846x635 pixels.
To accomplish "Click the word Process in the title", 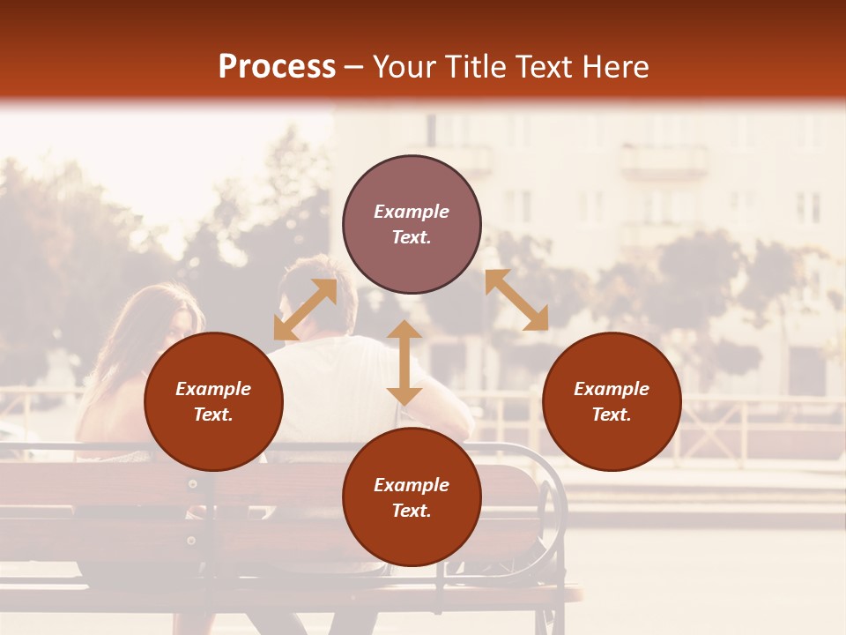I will [277, 67].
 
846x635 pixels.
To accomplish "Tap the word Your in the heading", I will [403, 67].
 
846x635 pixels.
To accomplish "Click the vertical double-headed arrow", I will [404, 362].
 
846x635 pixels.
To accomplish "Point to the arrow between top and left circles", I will [305, 310].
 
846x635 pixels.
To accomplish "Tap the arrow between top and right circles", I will [516, 300].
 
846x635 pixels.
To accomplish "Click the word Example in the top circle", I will [412, 212].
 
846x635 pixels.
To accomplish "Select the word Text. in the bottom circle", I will [412, 511].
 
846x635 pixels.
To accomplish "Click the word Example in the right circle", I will [612, 389].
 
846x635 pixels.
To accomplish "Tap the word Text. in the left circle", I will [213, 415].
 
